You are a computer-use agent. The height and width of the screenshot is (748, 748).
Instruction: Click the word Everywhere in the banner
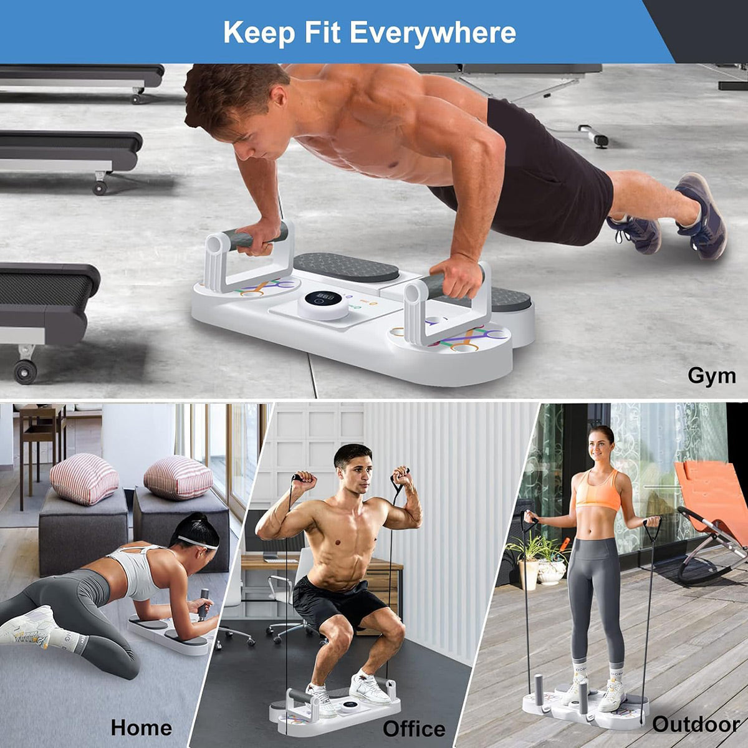tap(433, 33)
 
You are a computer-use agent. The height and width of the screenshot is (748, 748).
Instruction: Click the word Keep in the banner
tap(259, 33)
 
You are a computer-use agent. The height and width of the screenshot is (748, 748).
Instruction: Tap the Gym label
tap(711, 376)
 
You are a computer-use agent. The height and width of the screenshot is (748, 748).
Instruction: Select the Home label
tap(141, 706)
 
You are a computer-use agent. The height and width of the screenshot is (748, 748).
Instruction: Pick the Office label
tap(414, 707)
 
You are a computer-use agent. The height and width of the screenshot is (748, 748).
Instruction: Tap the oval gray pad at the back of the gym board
tap(346, 267)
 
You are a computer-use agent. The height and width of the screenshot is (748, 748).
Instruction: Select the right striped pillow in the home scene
tap(178, 477)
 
